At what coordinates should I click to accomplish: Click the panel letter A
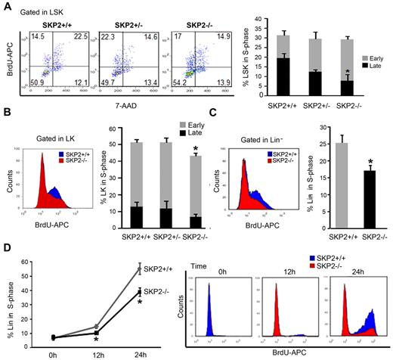[7, 7]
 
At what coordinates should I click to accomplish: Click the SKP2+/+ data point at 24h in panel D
[118, 268]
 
